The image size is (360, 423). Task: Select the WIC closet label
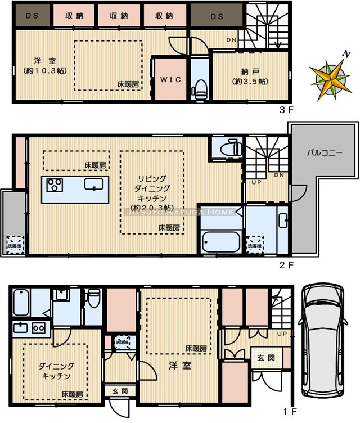(171, 80)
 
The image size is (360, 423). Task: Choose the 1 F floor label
(289, 412)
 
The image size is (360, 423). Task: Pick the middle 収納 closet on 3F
(120, 16)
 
